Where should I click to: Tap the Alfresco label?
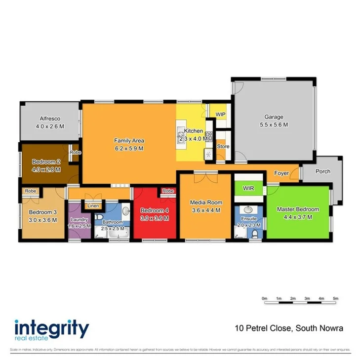pos(49,119)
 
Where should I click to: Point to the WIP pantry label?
pos(220,114)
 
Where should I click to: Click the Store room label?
pos(223,146)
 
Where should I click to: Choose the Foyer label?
pos(281,173)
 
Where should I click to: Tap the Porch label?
pos(323,172)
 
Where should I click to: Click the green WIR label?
pos(248,188)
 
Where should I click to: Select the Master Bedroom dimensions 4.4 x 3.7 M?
pos(297,217)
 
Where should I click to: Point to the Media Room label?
pos(206,202)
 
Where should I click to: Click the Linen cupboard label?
pos(93,205)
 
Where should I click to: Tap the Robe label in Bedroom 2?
pos(75,152)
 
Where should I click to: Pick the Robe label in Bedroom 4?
pos(168,191)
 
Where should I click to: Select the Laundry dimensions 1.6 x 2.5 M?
pos(80,226)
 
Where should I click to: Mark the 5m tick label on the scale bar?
pos(335,299)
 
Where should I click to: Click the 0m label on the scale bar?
pos(264,299)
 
